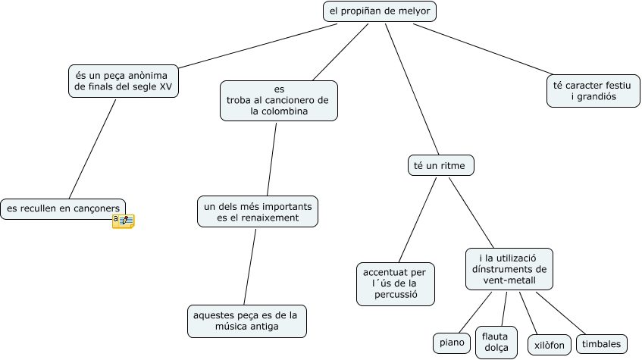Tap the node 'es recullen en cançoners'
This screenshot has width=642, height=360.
click(x=63, y=208)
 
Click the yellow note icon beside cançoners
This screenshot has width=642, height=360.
click(x=123, y=221)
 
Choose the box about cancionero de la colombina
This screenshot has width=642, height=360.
click(x=279, y=100)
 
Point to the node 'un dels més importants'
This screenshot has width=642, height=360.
click(x=258, y=211)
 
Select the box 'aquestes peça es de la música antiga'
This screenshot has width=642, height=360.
click(x=246, y=321)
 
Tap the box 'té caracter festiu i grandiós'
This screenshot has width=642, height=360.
click(x=593, y=91)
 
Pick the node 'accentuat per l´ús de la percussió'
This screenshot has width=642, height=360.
click(x=395, y=283)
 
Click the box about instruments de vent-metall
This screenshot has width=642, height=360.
click(x=509, y=269)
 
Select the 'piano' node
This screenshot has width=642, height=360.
click(x=453, y=343)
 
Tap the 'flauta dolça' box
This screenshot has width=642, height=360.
click(x=496, y=343)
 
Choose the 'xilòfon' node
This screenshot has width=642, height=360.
click(x=547, y=345)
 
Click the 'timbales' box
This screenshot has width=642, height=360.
click(x=601, y=344)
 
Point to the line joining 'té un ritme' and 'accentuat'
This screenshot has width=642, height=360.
click(x=418, y=219)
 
